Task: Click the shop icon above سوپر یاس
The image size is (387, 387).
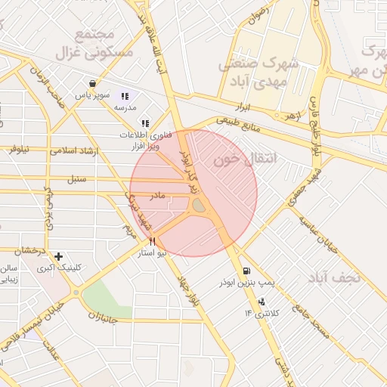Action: click(x=92, y=83)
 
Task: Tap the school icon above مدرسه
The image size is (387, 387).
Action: click(x=125, y=96)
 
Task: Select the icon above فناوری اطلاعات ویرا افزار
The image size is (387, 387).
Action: click(x=144, y=122)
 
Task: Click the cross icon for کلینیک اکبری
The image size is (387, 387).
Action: click(x=58, y=257)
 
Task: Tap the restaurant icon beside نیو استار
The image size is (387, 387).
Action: click(x=153, y=241)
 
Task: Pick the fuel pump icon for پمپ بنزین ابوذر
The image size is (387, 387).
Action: click(x=246, y=271)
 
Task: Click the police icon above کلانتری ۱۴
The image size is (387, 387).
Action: click(x=262, y=302)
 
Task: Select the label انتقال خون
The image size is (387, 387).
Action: click(x=242, y=160)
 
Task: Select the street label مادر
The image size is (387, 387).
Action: click(x=156, y=196)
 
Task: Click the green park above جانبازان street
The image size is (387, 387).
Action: click(x=107, y=299)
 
